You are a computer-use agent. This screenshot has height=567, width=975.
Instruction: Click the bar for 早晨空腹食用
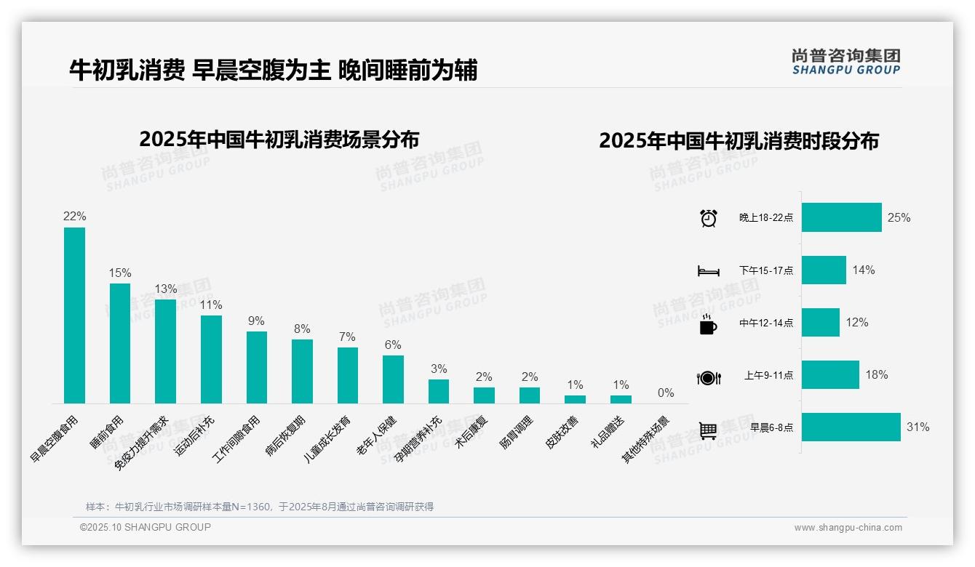click(x=74, y=315)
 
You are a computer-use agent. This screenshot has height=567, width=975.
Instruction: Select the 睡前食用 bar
click(x=120, y=343)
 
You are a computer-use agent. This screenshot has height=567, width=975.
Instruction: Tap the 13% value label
click(x=165, y=289)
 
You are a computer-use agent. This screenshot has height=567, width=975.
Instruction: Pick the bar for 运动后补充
click(x=211, y=359)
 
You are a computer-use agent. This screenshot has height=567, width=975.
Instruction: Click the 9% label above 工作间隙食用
click(x=256, y=321)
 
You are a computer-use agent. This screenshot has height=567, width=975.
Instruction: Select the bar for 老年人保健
click(x=393, y=379)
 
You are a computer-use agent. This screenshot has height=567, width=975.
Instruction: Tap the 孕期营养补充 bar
click(x=438, y=391)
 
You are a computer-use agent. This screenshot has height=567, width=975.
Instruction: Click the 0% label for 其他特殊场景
click(x=666, y=393)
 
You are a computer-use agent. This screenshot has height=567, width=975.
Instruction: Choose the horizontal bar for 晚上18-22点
click(x=841, y=217)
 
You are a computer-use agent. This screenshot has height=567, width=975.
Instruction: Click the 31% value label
click(x=918, y=427)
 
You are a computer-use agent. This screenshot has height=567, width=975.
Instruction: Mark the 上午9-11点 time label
click(x=768, y=375)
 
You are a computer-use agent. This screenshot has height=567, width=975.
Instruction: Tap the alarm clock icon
click(x=708, y=218)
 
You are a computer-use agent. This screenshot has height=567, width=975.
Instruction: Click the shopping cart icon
click(x=708, y=430)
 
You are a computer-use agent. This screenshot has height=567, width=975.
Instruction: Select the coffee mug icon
click(x=708, y=324)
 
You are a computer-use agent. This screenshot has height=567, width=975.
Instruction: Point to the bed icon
click(x=708, y=271)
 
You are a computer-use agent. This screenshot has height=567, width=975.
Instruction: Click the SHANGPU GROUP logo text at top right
click(x=845, y=70)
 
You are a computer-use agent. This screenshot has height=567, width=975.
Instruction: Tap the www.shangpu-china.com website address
click(x=848, y=528)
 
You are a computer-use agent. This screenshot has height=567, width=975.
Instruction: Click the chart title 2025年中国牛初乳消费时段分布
click(x=739, y=140)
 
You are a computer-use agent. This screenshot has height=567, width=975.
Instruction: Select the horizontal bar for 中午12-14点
click(x=820, y=322)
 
